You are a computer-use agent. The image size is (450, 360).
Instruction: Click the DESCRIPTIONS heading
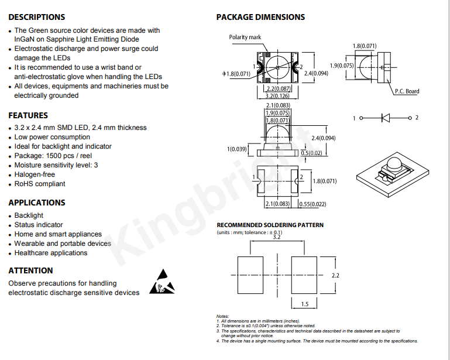(37, 17)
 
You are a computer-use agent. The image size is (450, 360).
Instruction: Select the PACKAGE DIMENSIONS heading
(260, 17)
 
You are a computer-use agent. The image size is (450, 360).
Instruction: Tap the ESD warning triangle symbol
(162, 282)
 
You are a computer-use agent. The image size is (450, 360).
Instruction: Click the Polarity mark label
(245, 37)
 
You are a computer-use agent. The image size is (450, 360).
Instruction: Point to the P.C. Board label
(407, 91)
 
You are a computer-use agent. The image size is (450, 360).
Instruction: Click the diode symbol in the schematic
(386, 118)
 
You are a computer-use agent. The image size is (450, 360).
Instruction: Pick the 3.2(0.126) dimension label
(277, 96)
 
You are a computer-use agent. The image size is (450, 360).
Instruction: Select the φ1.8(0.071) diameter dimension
(236, 74)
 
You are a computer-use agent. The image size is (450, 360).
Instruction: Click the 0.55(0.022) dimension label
(312, 204)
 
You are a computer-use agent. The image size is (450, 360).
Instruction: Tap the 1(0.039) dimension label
(237, 149)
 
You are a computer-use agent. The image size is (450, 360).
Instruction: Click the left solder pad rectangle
(250, 275)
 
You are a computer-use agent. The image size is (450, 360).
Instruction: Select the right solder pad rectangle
(304, 275)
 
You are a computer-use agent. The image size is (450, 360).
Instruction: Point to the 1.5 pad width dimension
(305, 304)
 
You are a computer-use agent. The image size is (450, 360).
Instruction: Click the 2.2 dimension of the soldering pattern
(335, 276)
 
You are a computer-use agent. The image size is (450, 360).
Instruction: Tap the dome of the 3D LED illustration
(393, 164)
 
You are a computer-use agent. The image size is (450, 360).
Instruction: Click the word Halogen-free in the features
(35, 174)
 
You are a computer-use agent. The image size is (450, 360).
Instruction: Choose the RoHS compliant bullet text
(40, 184)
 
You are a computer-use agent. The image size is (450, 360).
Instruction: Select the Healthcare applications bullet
(51, 253)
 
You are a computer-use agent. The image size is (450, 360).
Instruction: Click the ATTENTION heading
(30, 270)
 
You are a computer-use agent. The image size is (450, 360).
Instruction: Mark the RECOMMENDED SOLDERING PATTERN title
(270, 225)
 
